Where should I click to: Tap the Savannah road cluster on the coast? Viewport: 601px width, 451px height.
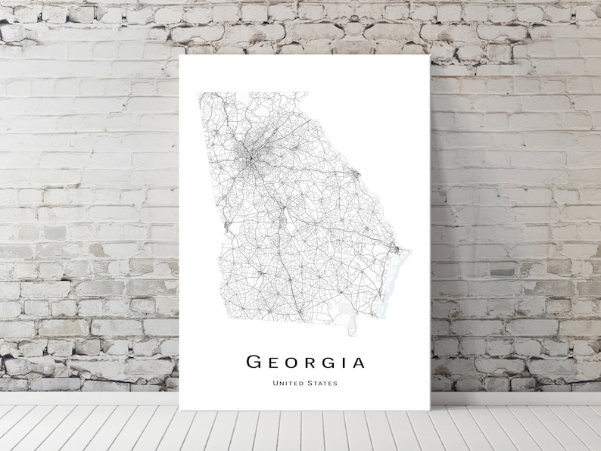(x=394, y=247)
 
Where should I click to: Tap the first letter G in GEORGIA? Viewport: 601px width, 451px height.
(x=254, y=362)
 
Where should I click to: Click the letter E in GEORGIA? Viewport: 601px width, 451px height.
(x=272, y=362)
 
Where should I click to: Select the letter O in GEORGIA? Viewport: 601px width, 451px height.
(x=291, y=362)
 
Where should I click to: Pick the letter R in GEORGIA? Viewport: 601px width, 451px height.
(x=310, y=362)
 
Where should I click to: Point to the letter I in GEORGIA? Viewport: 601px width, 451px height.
(x=343, y=362)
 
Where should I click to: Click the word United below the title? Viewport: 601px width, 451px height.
(x=288, y=383)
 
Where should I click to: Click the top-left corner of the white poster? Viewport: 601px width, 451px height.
(x=180, y=54)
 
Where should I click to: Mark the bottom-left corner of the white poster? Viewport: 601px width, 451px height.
(x=180, y=410)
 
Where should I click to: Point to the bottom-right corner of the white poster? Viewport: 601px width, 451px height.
(x=430, y=410)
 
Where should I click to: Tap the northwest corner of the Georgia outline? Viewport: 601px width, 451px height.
(x=199, y=93)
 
